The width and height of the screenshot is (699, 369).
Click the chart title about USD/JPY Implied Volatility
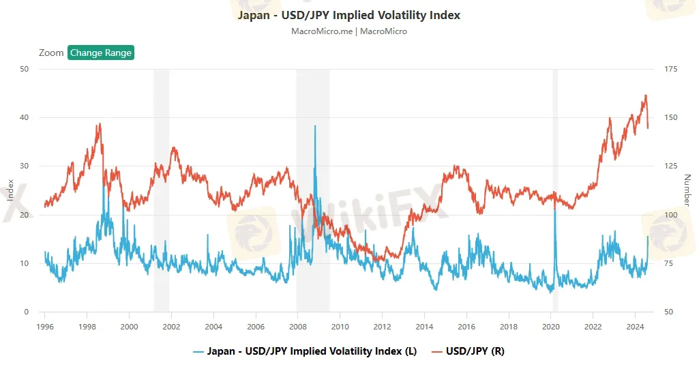[x=348, y=15]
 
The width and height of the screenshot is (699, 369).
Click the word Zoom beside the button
[x=51, y=53]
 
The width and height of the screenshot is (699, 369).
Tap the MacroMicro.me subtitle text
[x=348, y=31]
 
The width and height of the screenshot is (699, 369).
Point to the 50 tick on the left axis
[x=25, y=69]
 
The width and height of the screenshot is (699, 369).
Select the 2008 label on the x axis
[x=298, y=326]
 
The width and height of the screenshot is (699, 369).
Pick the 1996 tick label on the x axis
[x=45, y=326]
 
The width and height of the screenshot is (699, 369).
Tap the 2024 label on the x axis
[x=635, y=326]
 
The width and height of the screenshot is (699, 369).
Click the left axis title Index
[x=10, y=190]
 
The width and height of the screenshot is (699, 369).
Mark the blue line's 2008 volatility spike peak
[x=315, y=126]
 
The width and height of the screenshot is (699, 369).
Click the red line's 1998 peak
[x=100, y=124]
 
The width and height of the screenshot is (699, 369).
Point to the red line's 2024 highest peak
[x=644, y=95]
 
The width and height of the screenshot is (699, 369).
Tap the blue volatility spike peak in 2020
[x=554, y=203]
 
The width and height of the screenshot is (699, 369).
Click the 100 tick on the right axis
[x=670, y=215]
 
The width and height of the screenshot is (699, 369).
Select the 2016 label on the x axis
[x=466, y=326]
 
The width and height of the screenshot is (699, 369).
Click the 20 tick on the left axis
[x=25, y=215]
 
